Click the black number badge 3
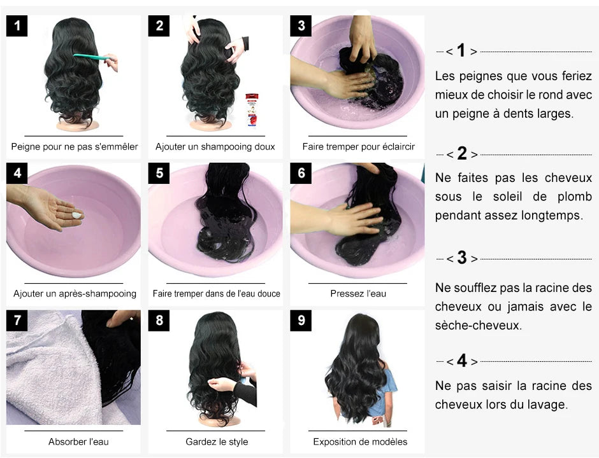tap(301, 26)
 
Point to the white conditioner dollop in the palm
tap(77, 216)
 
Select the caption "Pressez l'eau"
tap(358, 293)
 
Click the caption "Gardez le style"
tap(217, 441)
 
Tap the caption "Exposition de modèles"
tap(360, 441)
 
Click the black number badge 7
tap(17, 321)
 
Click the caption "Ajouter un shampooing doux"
tap(215, 146)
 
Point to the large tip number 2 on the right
tap(462, 154)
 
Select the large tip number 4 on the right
tap(462, 361)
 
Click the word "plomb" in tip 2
tap(575, 197)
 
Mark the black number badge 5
tap(159, 173)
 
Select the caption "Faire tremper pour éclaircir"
tap(358, 146)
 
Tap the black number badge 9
tap(301, 321)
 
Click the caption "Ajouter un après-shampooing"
tap(75, 293)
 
